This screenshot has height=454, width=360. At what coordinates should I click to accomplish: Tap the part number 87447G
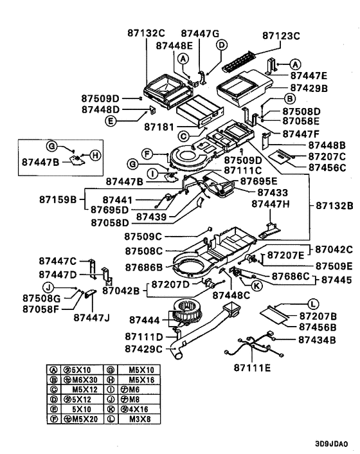click(200, 33)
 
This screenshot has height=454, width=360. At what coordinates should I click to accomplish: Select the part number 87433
click(274, 192)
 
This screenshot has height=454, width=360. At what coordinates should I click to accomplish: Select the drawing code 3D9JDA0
click(331, 444)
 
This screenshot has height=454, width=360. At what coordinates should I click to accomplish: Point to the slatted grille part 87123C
click(242, 59)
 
